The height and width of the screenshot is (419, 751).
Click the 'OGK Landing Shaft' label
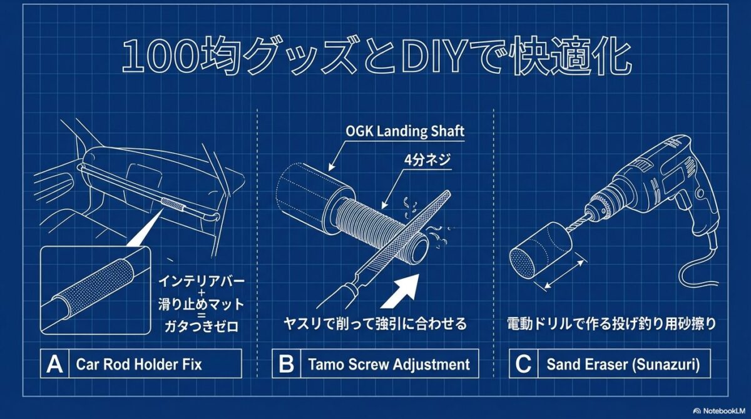point(406,131)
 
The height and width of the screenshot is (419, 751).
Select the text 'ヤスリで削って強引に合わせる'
point(375,325)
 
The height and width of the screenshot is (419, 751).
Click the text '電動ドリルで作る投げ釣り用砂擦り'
point(611,325)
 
